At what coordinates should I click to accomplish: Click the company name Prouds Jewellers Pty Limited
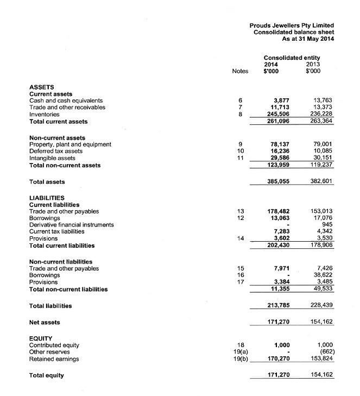(x=292, y=25)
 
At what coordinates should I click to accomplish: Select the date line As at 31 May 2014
(x=308, y=39)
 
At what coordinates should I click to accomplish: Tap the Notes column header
(x=239, y=71)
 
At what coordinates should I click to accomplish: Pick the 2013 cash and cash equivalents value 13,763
(x=324, y=100)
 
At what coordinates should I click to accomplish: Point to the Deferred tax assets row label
(x=55, y=151)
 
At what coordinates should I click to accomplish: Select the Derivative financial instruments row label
(x=71, y=225)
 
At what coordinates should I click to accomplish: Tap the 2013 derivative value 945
(x=327, y=225)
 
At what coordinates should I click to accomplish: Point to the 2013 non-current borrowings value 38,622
(x=324, y=275)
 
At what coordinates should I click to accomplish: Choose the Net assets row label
(x=45, y=323)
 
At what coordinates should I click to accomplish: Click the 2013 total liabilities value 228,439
(x=321, y=306)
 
